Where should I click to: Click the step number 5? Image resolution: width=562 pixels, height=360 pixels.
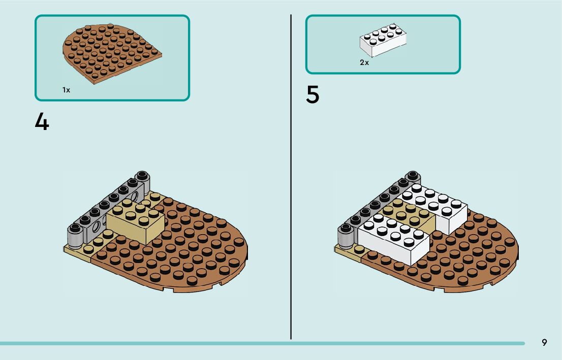coord(313,95)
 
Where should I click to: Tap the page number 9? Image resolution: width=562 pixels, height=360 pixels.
coord(544,343)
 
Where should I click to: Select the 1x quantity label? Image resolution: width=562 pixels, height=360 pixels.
coord(66,90)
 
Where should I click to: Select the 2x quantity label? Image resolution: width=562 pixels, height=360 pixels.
coord(364,62)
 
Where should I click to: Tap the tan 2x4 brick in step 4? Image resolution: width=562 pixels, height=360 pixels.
coord(135,223)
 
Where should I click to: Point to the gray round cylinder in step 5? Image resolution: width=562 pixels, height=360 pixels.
coord(345,236)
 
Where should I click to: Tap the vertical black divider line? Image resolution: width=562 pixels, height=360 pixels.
coord(291,178)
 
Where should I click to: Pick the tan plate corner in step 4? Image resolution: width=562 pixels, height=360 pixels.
coord(76,252)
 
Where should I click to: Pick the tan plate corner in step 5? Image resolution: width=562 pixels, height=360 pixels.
coord(347,252)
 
